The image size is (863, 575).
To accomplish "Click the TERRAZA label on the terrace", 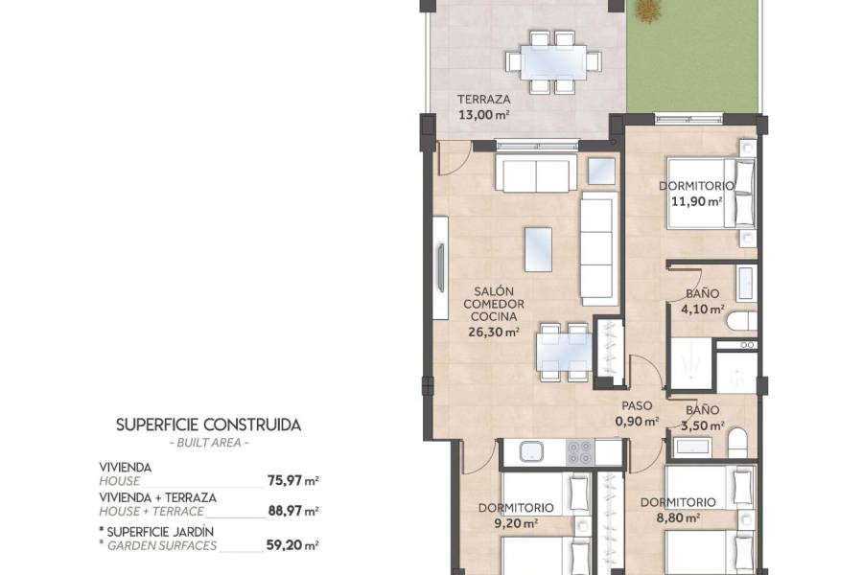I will pos(483,99).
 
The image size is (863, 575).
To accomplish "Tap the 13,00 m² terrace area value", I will pos(483,114).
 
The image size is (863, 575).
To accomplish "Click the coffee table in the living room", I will pos(538,249).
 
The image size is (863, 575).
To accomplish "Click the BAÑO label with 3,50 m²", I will pos(703,407).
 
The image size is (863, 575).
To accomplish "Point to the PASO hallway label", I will pos(637,405).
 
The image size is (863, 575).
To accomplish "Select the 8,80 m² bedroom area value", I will pos(678,517).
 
